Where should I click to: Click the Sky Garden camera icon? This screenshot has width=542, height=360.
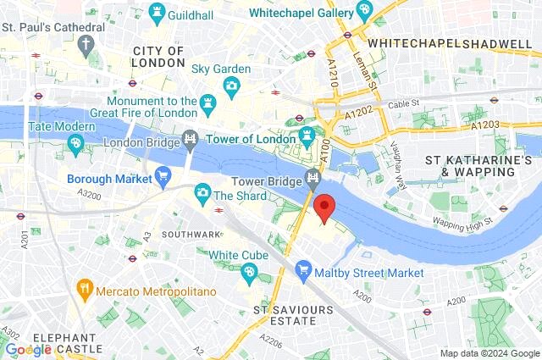tap(231, 86)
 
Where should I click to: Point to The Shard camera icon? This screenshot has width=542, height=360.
tap(202, 194)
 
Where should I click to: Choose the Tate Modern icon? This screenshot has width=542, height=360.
tap(75, 145)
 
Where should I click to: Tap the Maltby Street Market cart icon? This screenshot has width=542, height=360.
tap(303, 272)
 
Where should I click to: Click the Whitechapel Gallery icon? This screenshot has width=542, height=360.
tap(364, 11)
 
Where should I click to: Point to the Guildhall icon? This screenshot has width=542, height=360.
tap(156, 13)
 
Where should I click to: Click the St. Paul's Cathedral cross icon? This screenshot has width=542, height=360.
tap(87, 44)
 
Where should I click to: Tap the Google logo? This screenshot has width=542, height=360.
tap(28, 349)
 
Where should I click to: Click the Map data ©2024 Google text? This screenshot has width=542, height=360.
tap(489, 352)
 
